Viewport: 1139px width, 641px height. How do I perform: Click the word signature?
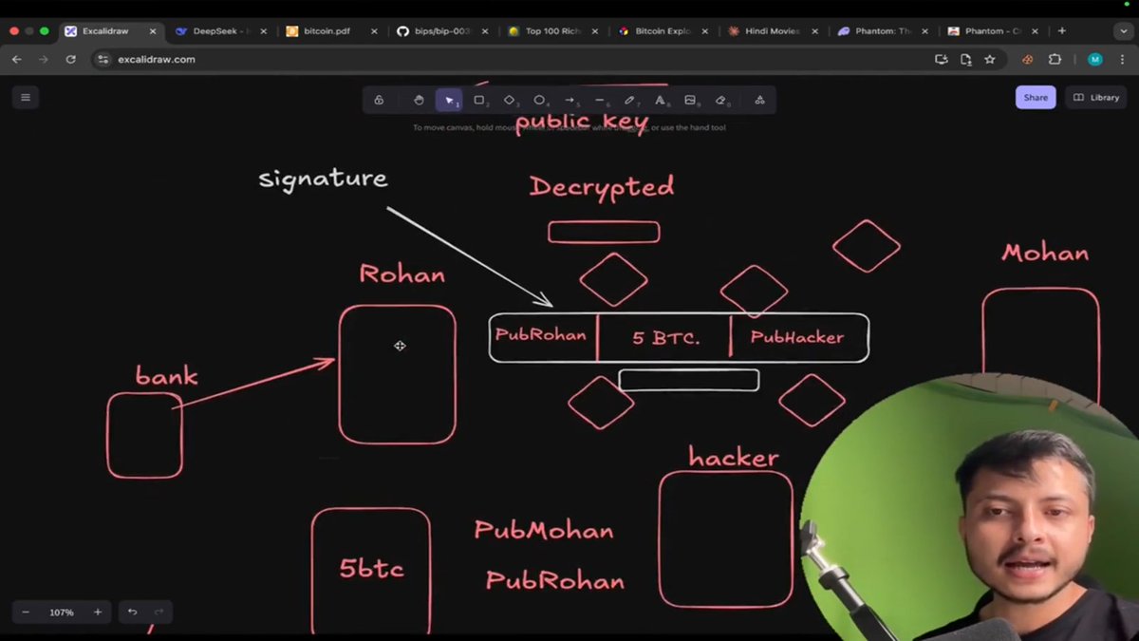(x=323, y=179)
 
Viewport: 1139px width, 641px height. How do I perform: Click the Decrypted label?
(x=602, y=187)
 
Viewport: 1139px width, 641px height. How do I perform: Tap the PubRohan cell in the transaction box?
(x=541, y=335)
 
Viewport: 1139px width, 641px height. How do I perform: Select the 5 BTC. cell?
(x=664, y=337)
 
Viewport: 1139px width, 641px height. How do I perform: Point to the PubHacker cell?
(x=796, y=337)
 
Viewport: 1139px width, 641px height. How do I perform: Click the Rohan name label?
(x=401, y=275)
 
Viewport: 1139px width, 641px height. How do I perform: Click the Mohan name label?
(x=1044, y=254)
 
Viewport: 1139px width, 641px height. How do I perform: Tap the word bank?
(x=166, y=376)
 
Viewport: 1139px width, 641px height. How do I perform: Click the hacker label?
(x=734, y=458)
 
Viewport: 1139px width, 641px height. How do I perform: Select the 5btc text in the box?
(x=371, y=569)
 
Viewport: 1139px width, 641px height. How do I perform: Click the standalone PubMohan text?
(x=544, y=531)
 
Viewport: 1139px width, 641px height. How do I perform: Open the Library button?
(x=1096, y=97)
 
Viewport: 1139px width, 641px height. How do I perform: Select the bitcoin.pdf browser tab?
(x=327, y=30)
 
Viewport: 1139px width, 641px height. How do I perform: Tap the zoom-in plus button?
(x=98, y=613)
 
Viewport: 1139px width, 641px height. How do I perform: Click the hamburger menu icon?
(x=26, y=97)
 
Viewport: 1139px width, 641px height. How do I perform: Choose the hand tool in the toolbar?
(x=419, y=100)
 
